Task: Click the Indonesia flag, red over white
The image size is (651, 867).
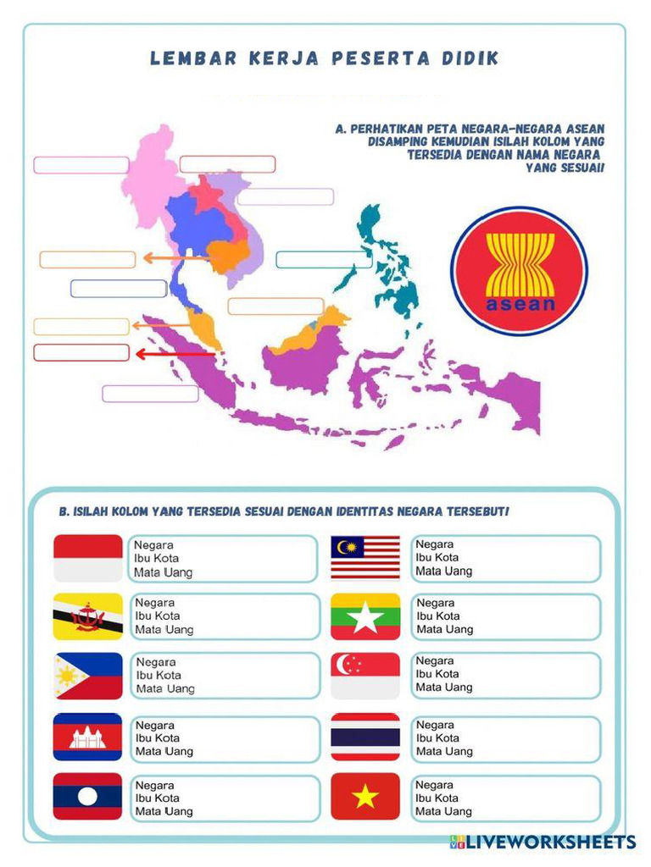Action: pos(88,558)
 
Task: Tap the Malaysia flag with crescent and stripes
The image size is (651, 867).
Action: pos(364,557)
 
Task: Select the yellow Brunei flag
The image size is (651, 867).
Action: pos(88,616)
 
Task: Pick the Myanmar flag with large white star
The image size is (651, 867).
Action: pos(365,616)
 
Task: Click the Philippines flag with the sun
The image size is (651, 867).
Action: pos(88,676)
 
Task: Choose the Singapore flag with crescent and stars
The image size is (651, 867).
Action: pos(364,675)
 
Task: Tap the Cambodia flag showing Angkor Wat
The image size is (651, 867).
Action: pos(88,737)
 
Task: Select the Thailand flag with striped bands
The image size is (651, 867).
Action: pos(364,736)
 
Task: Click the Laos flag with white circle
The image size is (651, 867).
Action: pos(88,797)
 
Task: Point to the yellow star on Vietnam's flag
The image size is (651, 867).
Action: pos(365,797)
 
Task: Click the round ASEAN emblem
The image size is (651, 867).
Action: pos(519,271)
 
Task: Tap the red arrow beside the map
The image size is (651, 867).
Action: pos(174,354)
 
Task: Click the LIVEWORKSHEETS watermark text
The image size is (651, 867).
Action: pos(551,842)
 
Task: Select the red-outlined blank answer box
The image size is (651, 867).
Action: pos(81,352)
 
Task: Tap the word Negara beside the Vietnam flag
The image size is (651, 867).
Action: pos(434,785)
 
